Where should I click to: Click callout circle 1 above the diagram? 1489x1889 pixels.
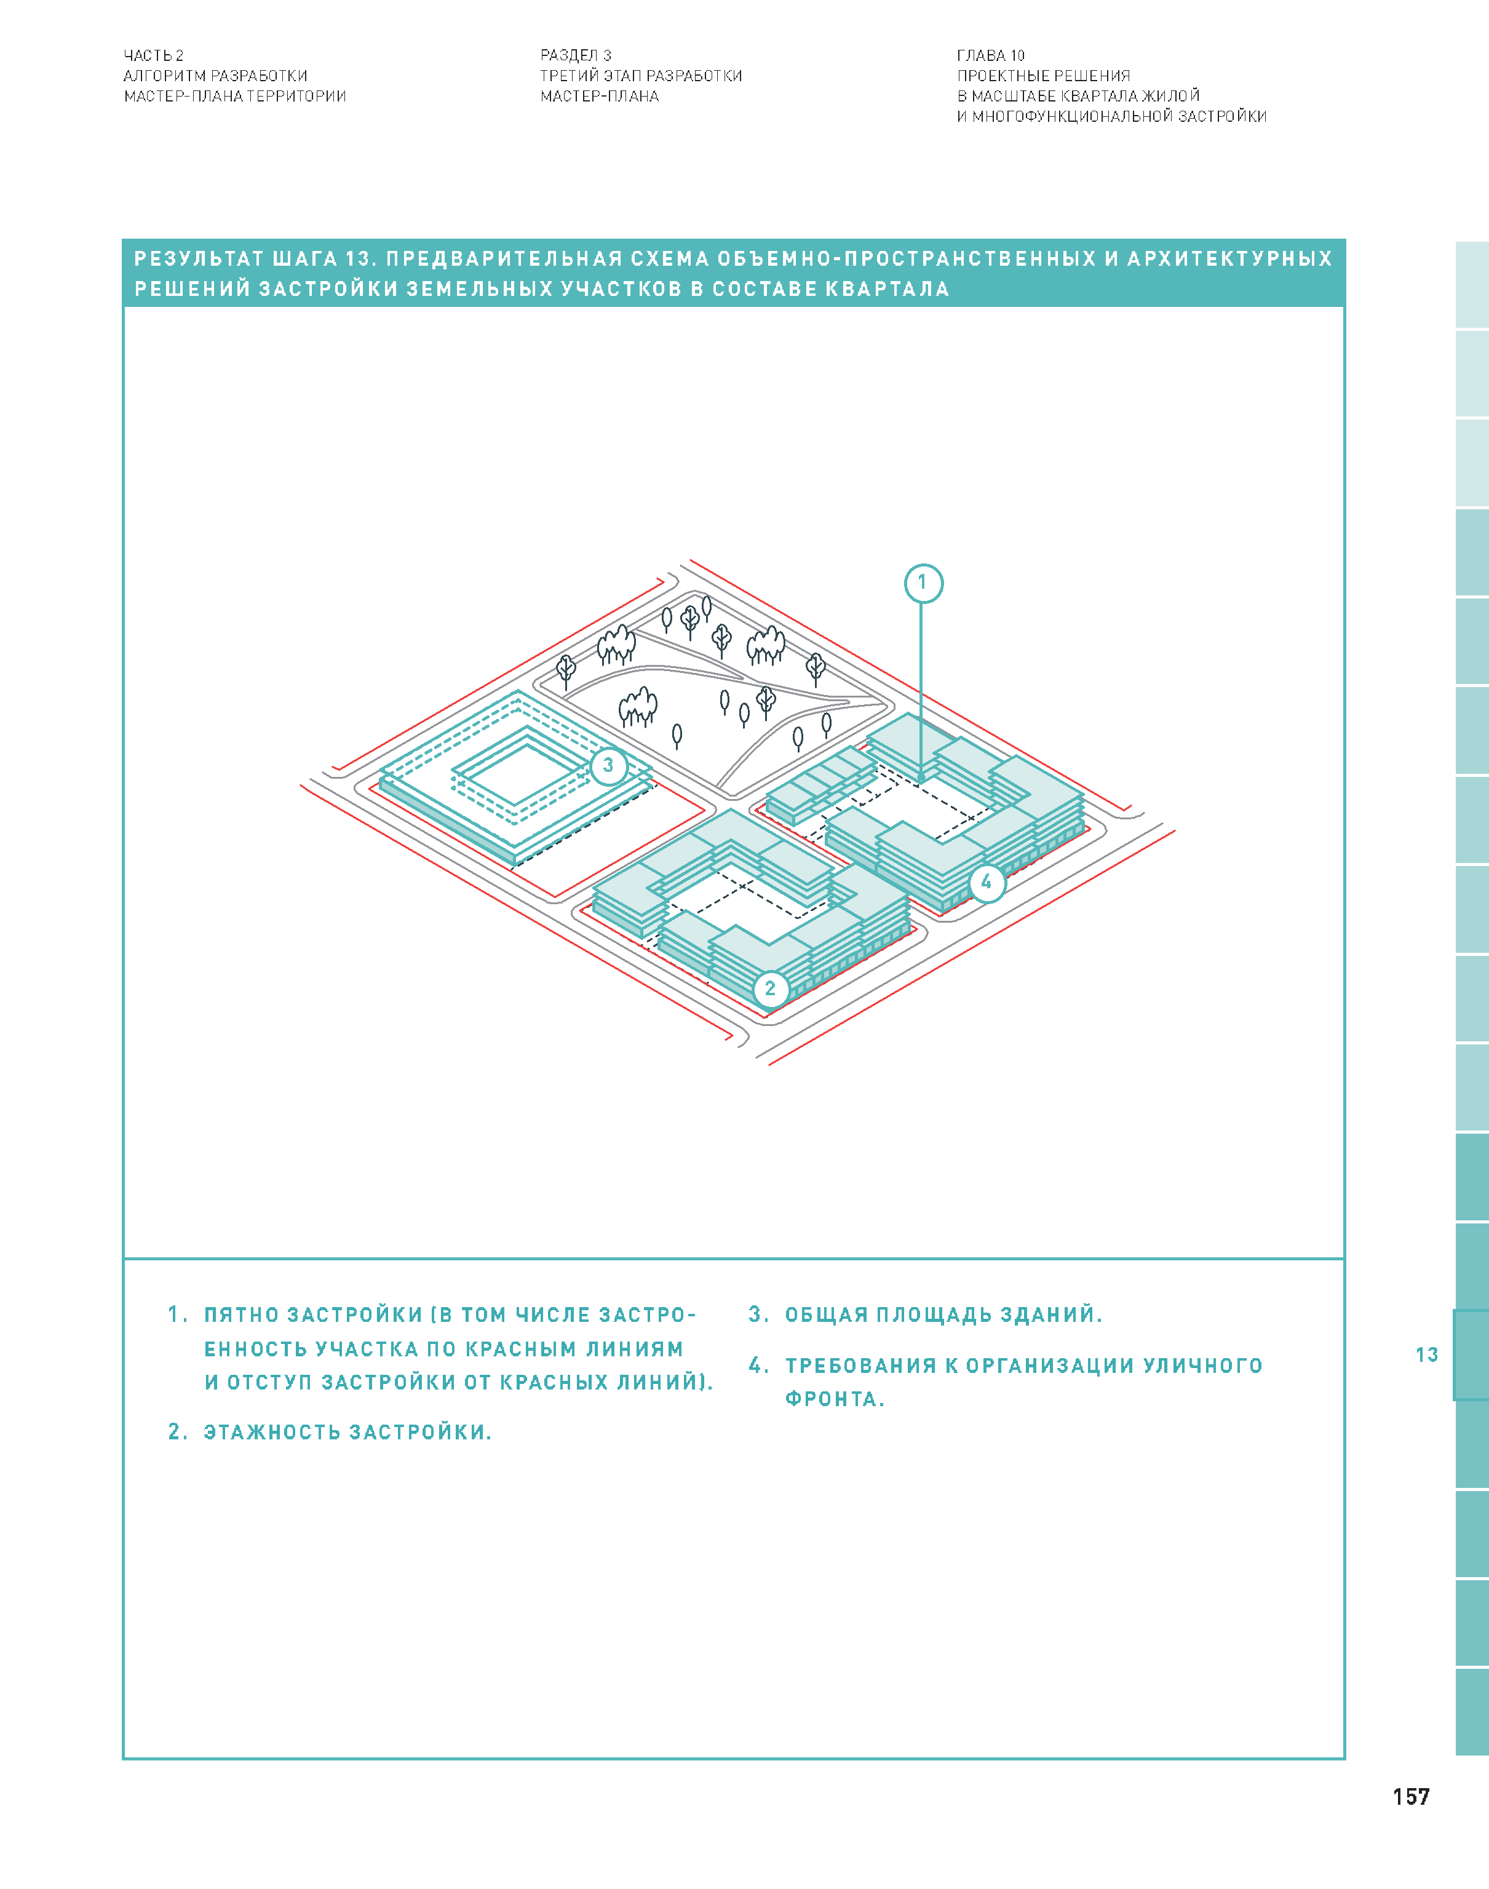click(923, 583)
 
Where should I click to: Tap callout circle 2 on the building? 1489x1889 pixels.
click(770, 988)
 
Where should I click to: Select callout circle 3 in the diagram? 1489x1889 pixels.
click(608, 765)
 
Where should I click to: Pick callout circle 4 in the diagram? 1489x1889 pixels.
click(986, 882)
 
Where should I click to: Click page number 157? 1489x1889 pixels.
click(1410, 1797)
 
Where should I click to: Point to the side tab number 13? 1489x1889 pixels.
click(1426, 1354)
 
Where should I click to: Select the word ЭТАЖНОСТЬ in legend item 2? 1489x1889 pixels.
click(272, 1432)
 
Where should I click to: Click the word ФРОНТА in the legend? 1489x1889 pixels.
click(831, 1399)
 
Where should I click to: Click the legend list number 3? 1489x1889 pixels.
click(756, 1314)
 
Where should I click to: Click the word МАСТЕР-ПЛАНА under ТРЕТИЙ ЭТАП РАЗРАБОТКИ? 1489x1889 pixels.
click(600, 97)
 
